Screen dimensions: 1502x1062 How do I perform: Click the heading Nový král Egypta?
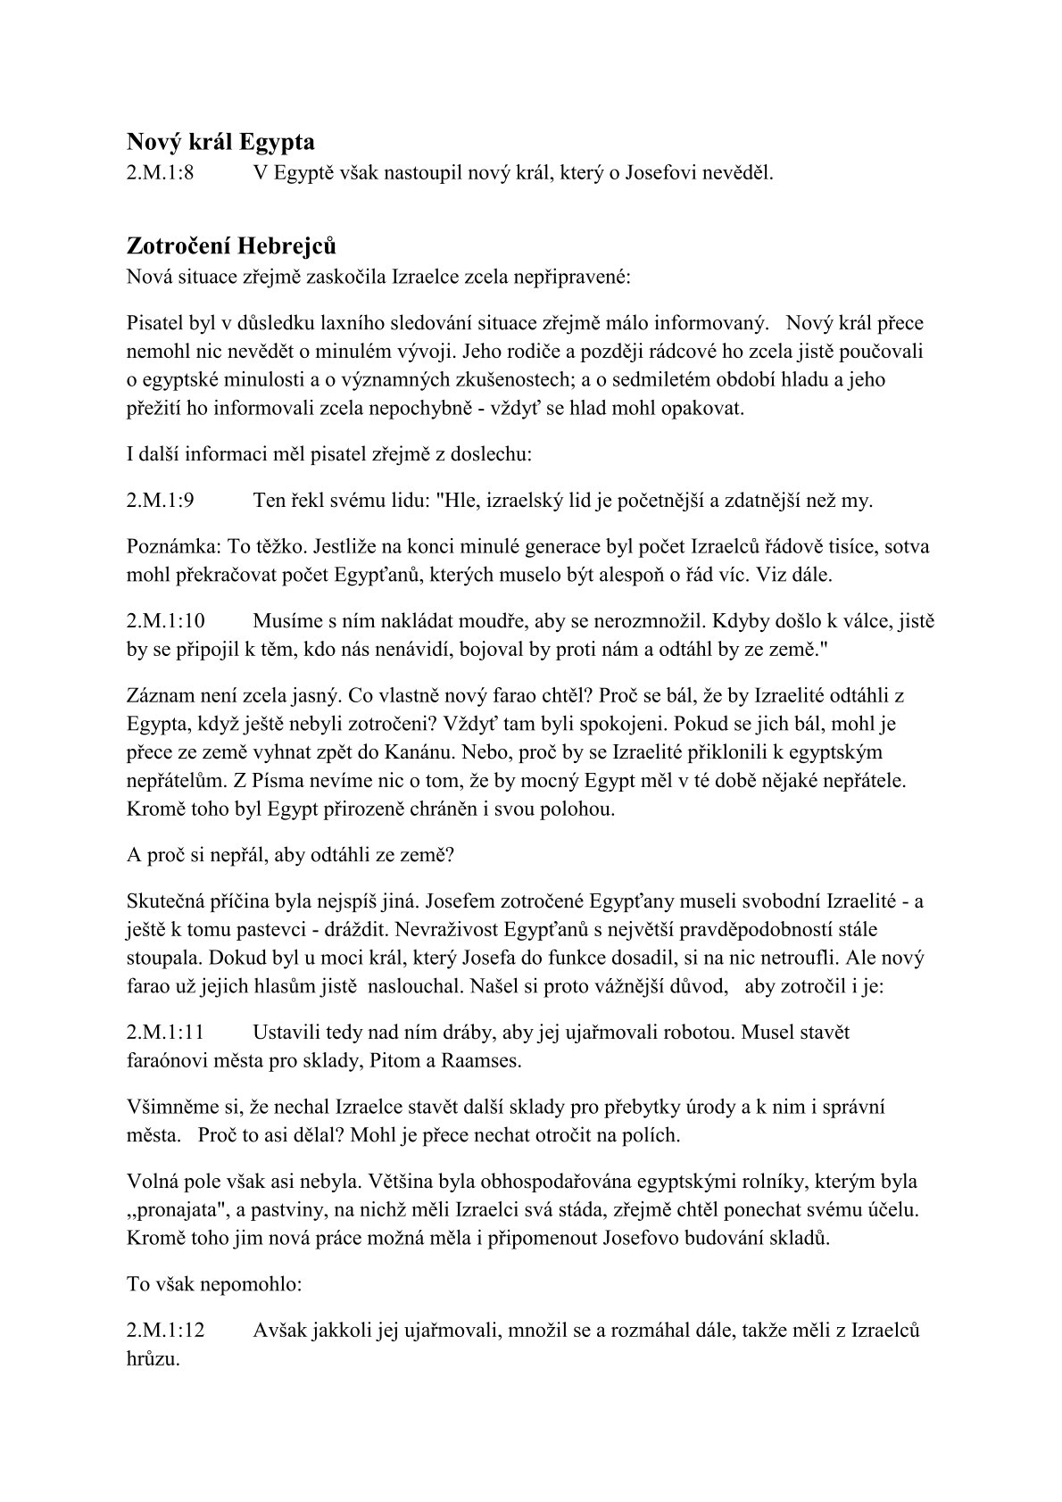(220, 141)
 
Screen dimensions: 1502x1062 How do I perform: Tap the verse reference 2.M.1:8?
(161, 173)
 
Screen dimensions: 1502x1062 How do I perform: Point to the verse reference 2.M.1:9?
(161, 500)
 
